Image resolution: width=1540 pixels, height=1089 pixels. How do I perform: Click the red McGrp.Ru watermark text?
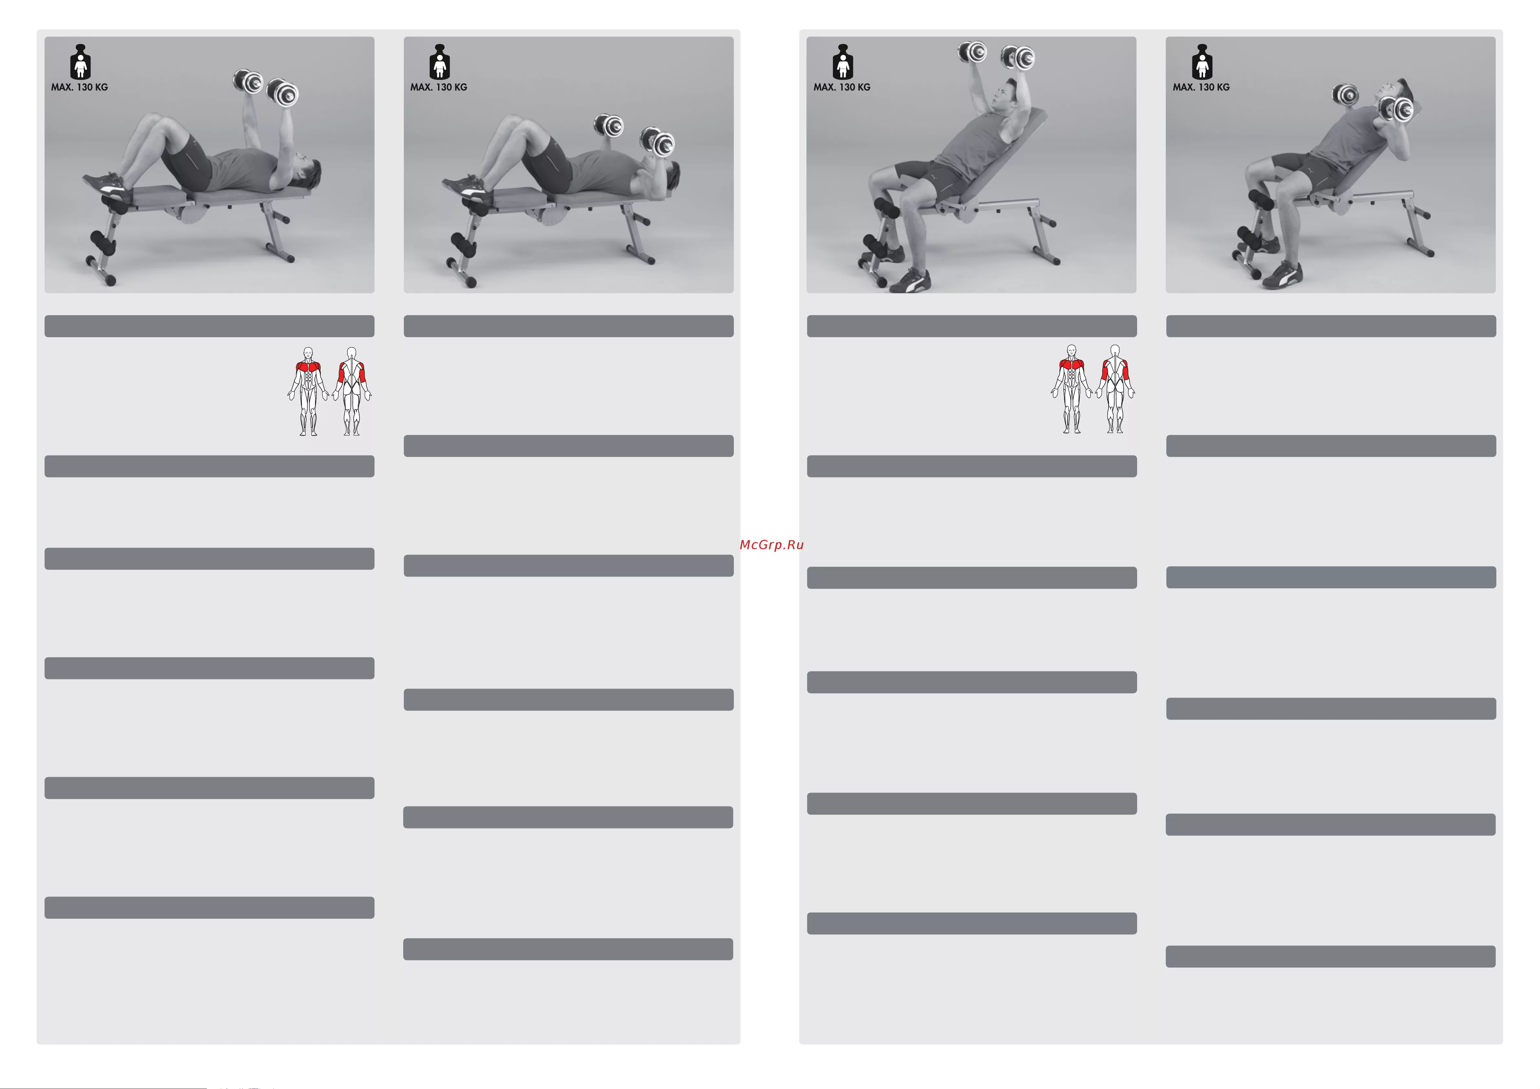coord(771,544)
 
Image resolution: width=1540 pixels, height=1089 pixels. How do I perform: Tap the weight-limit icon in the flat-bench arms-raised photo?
coord(81,62)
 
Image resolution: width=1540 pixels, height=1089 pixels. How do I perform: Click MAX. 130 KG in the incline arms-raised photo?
coord(842,87)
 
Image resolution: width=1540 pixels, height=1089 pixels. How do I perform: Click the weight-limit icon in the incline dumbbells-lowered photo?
coord(1202,62)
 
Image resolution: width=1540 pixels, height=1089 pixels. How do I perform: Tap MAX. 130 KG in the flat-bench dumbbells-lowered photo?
coord(439,87)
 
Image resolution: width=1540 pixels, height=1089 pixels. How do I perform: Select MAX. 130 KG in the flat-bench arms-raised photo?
coord(79,87)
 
